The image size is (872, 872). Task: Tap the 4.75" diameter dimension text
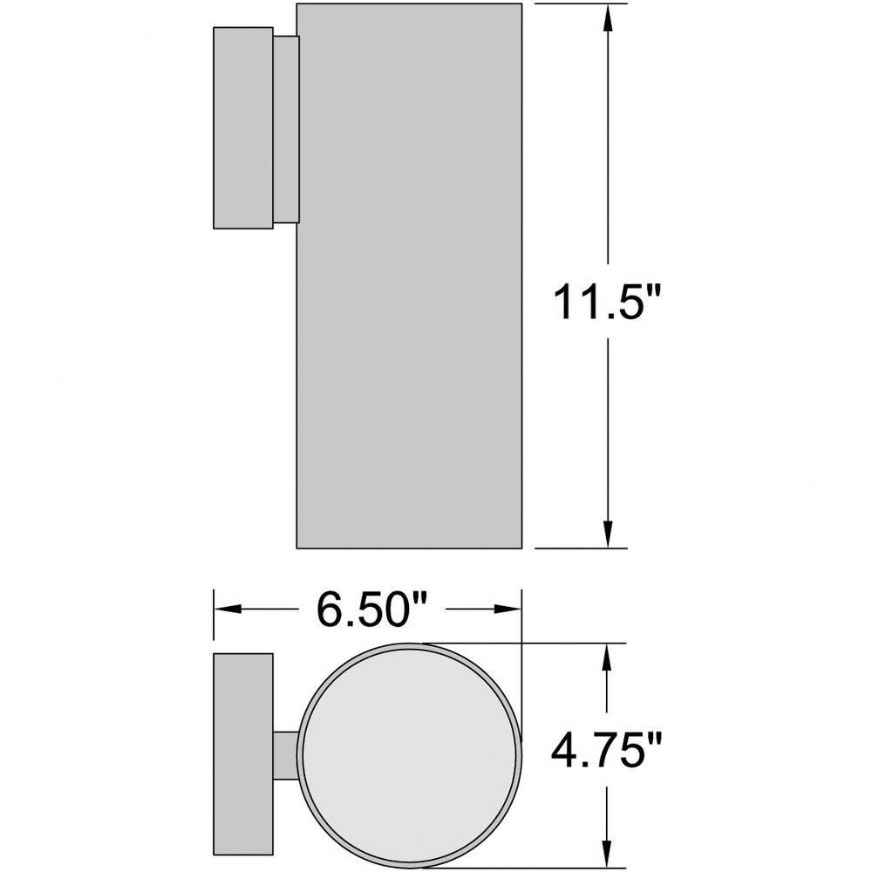click(x=607, y=750)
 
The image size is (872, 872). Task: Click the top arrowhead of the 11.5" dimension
click(x=607, y=17)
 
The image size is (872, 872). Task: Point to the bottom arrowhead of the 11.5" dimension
click(x=607, y=535)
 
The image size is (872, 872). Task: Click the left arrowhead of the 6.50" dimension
click(x=228, y=609)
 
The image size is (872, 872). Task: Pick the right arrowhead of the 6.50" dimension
click(x=508, y=609)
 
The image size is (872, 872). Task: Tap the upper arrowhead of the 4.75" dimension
click(x=607, y=657)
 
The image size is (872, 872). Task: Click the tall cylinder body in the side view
click(x=409, y=276)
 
